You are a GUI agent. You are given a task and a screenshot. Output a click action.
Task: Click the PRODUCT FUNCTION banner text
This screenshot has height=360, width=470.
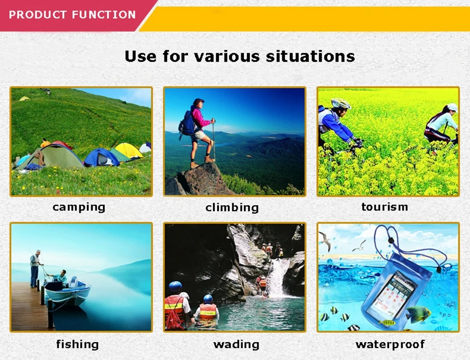(72, 15)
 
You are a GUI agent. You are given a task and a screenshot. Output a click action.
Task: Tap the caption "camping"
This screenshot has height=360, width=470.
(79, 207)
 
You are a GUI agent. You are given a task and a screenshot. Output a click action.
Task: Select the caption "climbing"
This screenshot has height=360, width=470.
(232, 207)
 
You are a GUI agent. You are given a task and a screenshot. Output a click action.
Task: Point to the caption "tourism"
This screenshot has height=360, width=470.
(384, 207)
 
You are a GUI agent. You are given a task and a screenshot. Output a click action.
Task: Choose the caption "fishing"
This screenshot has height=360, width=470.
(77, 344)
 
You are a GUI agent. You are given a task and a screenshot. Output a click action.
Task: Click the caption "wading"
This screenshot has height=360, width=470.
(236, 344)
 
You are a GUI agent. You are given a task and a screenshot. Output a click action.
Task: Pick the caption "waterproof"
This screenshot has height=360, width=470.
(390, 344)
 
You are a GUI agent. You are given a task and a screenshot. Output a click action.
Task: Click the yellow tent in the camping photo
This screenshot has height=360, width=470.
(128, 150)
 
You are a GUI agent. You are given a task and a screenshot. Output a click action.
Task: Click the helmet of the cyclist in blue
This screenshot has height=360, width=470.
(341, 103)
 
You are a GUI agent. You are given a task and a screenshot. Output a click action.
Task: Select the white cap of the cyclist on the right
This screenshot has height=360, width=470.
(452, 107)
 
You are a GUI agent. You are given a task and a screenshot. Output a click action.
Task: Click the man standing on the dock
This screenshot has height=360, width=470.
(35, 269)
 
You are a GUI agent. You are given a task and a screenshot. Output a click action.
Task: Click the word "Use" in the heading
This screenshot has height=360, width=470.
(140, 56)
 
